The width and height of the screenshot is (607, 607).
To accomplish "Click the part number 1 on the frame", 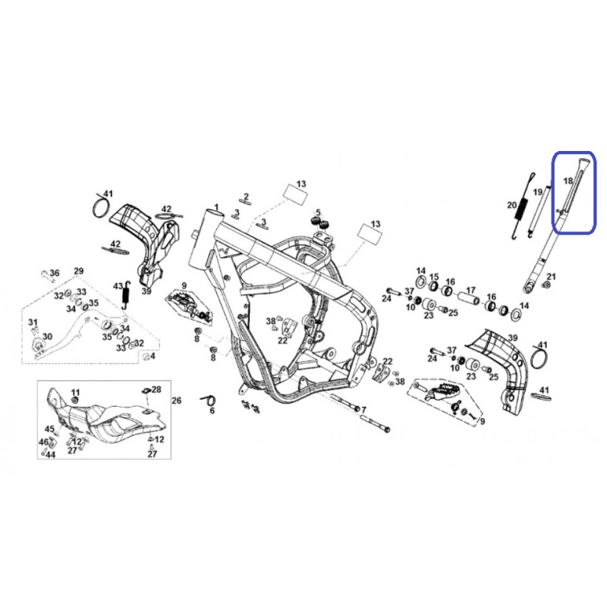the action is [x=216, y=207].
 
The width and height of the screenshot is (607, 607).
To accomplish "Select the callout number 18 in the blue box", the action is [x=568, y=181].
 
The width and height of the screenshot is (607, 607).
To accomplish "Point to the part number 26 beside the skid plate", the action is [x=176, y=401].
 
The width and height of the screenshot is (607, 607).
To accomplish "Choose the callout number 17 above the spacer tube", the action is [x=470, y=290].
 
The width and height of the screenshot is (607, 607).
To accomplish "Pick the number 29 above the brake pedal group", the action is [x=79, y=271].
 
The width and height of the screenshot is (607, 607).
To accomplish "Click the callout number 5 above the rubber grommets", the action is [x=318, y=212].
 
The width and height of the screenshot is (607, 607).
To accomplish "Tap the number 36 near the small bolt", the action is [x=55, y=273].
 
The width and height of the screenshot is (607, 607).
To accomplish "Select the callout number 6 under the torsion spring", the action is [x=212, y=410].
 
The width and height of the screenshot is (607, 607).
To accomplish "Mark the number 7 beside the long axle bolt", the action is [x=363, y=410].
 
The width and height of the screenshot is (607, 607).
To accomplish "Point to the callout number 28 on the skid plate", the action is [x=156, y=389].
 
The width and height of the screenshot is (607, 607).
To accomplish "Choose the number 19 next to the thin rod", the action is [x=538, y=192].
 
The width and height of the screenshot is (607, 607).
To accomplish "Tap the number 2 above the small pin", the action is [x=246, y=197].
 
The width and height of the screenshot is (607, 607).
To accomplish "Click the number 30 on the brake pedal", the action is [x=47, y=336].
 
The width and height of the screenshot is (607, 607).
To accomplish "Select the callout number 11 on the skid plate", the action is [x=75, y=392].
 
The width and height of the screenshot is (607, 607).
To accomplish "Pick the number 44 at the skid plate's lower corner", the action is [x=50, y=454].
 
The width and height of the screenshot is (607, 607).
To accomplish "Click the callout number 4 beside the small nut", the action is [x=153, y=355].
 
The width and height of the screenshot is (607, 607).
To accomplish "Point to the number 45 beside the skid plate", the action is [x=49, y=429].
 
